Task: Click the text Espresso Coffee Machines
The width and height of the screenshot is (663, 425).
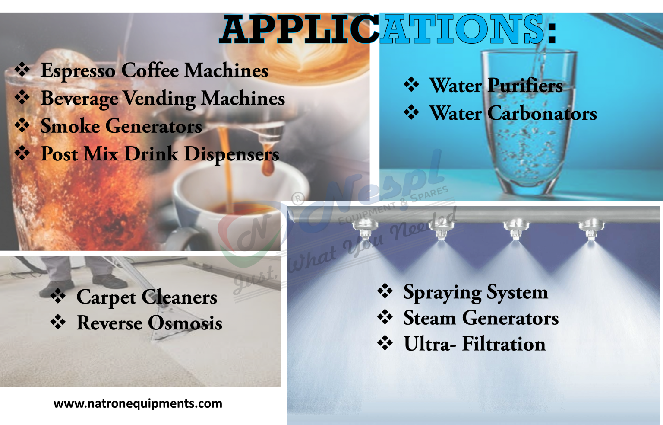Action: point(154,70)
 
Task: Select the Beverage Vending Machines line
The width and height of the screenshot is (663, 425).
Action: point(163,99)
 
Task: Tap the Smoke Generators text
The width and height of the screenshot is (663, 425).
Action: point(121,126)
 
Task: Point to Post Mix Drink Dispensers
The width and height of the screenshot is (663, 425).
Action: point(160,154)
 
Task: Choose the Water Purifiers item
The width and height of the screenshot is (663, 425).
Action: point(496,86)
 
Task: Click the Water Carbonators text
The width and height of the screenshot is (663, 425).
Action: point(513,114)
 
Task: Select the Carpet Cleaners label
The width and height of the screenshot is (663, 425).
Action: point(147,297)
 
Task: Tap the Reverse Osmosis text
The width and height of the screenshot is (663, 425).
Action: point(149,323)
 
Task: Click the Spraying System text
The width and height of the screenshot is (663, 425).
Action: point(475,293)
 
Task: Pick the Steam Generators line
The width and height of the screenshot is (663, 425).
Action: point(481,319)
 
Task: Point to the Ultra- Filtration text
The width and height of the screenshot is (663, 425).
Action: point(474,345)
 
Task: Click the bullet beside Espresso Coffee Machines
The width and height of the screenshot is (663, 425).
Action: point(22,70)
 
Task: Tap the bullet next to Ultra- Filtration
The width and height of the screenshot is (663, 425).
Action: point(385,343)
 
